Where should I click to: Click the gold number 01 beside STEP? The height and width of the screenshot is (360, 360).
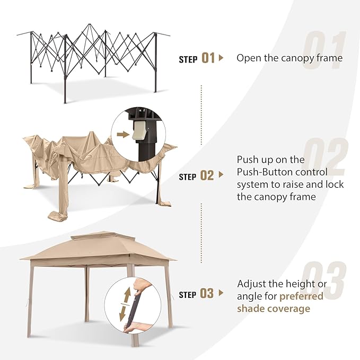pos(208,58)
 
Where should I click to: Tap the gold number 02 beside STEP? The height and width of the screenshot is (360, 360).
pos(207,175)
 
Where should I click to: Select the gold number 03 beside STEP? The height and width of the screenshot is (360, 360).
pos(207,293)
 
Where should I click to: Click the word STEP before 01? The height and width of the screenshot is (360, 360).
pos(188,59)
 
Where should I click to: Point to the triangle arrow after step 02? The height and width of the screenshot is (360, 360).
pos(221,175)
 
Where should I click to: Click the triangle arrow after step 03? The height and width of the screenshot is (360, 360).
pos(221,293)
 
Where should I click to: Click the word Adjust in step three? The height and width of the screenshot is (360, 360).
pos(251,284)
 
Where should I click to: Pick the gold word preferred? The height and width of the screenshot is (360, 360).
pos(302,296)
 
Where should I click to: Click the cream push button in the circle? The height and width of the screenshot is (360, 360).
pos(139,130)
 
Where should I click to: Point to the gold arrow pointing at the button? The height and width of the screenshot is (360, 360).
pos(123,135)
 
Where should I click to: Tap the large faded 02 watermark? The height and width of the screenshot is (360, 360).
pos(326,156)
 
